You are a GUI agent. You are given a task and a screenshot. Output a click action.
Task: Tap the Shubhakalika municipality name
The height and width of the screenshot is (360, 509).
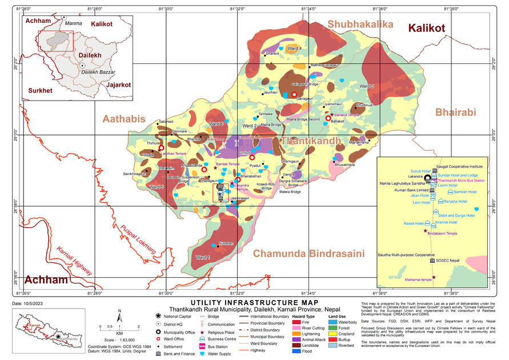360,24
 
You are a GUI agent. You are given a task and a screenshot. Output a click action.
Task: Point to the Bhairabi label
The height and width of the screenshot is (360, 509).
455,113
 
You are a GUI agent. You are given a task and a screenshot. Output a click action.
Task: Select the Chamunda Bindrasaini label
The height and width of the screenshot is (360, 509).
308,253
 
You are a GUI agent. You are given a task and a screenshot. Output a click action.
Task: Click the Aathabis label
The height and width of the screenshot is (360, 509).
124,118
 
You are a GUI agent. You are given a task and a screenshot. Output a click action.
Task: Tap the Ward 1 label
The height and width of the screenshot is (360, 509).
203,258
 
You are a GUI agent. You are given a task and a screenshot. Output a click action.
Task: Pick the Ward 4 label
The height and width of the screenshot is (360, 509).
295,49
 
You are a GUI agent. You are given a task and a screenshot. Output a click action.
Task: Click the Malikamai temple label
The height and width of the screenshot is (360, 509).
418,279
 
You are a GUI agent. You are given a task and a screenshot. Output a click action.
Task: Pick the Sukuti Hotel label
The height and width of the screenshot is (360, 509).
419,171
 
